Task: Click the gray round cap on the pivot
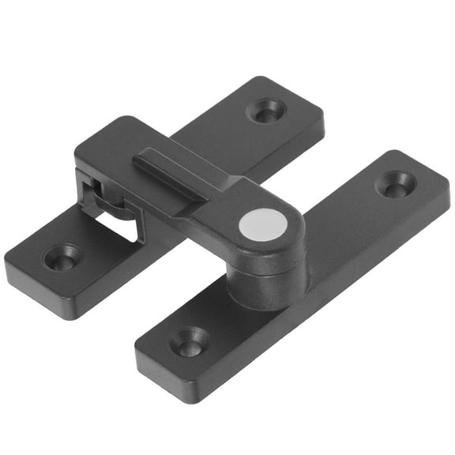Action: coord(263,225)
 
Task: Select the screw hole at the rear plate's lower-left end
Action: coord(62,256)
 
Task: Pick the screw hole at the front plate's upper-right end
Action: coord(395,184)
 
